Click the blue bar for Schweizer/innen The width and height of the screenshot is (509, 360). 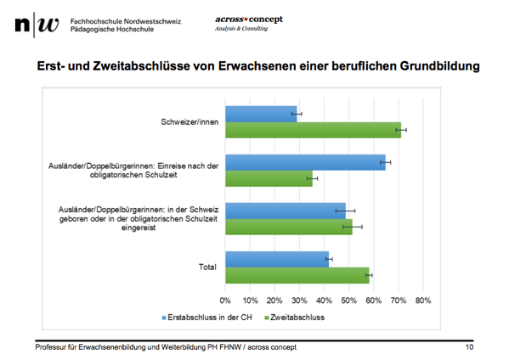261,114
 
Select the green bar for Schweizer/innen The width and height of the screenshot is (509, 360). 312,130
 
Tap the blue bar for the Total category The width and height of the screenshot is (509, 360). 276,259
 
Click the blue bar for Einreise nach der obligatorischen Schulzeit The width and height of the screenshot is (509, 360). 304,162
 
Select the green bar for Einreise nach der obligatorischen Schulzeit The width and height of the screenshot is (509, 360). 269,178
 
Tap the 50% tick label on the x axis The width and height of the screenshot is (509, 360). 348,300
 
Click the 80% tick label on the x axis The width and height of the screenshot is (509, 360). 422,300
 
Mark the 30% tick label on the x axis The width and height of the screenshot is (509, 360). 299,300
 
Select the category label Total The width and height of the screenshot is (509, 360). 206,267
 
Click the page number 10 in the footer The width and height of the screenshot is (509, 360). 469,347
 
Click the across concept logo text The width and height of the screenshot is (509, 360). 248,20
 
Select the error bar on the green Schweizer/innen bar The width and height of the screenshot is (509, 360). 400,130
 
